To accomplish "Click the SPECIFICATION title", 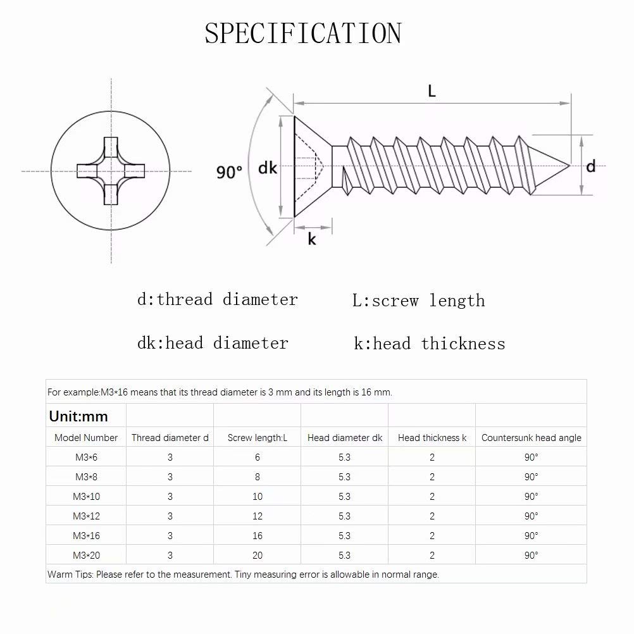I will click(x=303, y=34).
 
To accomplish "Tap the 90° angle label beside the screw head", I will click(x=229, y=171).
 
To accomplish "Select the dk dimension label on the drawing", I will click(x=268, y=168).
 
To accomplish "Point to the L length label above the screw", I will click(x=432, y=91).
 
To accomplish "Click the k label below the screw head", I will click(x=312, y=239).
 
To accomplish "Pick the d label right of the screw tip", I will click(x=591, y=166).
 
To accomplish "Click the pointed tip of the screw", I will click(x=568, y=166).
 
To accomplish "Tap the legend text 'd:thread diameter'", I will click(x=217, y=299).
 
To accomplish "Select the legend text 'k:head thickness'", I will click(x=430, y=344).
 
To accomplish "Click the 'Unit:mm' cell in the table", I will click(x=78, y=416).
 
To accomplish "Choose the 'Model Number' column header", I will click(x=86, y=438).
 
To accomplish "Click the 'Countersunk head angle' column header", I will click(x=531, y=438).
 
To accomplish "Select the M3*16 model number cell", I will click(x=86, y=536).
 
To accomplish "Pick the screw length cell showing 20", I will click(x=258, y=556).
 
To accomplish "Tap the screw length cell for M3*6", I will click(x=258, y=457).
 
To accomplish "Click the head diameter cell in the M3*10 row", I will click(x=344, y=497).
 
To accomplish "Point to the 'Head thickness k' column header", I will click(x=432, y=438).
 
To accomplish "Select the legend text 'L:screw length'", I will click(x=418, y=301).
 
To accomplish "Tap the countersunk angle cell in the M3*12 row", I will click(x=531, y=516).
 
